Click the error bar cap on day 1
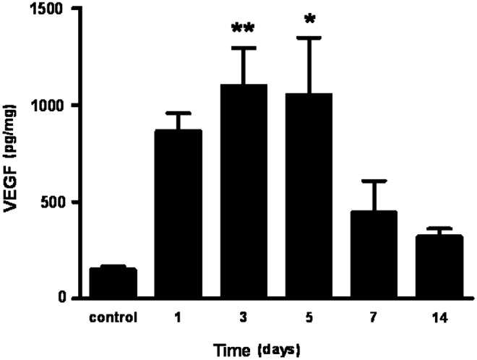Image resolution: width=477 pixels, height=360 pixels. [177, 113]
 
